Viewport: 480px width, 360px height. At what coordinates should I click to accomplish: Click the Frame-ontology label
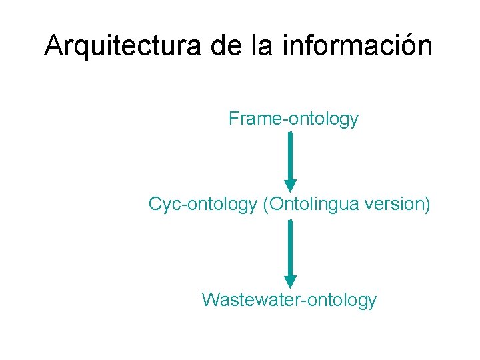coord(293,119)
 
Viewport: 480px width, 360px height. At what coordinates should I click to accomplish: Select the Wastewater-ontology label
coord(289,299)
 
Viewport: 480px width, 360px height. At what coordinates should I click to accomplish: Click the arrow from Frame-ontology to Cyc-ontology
coord(290,160)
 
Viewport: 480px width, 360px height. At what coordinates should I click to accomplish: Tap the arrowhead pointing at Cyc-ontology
coord(290,185)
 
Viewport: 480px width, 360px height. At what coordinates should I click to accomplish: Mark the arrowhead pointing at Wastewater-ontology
coord(290,281)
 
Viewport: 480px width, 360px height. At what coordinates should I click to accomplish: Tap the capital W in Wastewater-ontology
coord(211,299)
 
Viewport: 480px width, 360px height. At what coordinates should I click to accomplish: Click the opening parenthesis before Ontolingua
coord(266,204)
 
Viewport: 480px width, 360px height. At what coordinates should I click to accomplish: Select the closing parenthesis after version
coord(427,204)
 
